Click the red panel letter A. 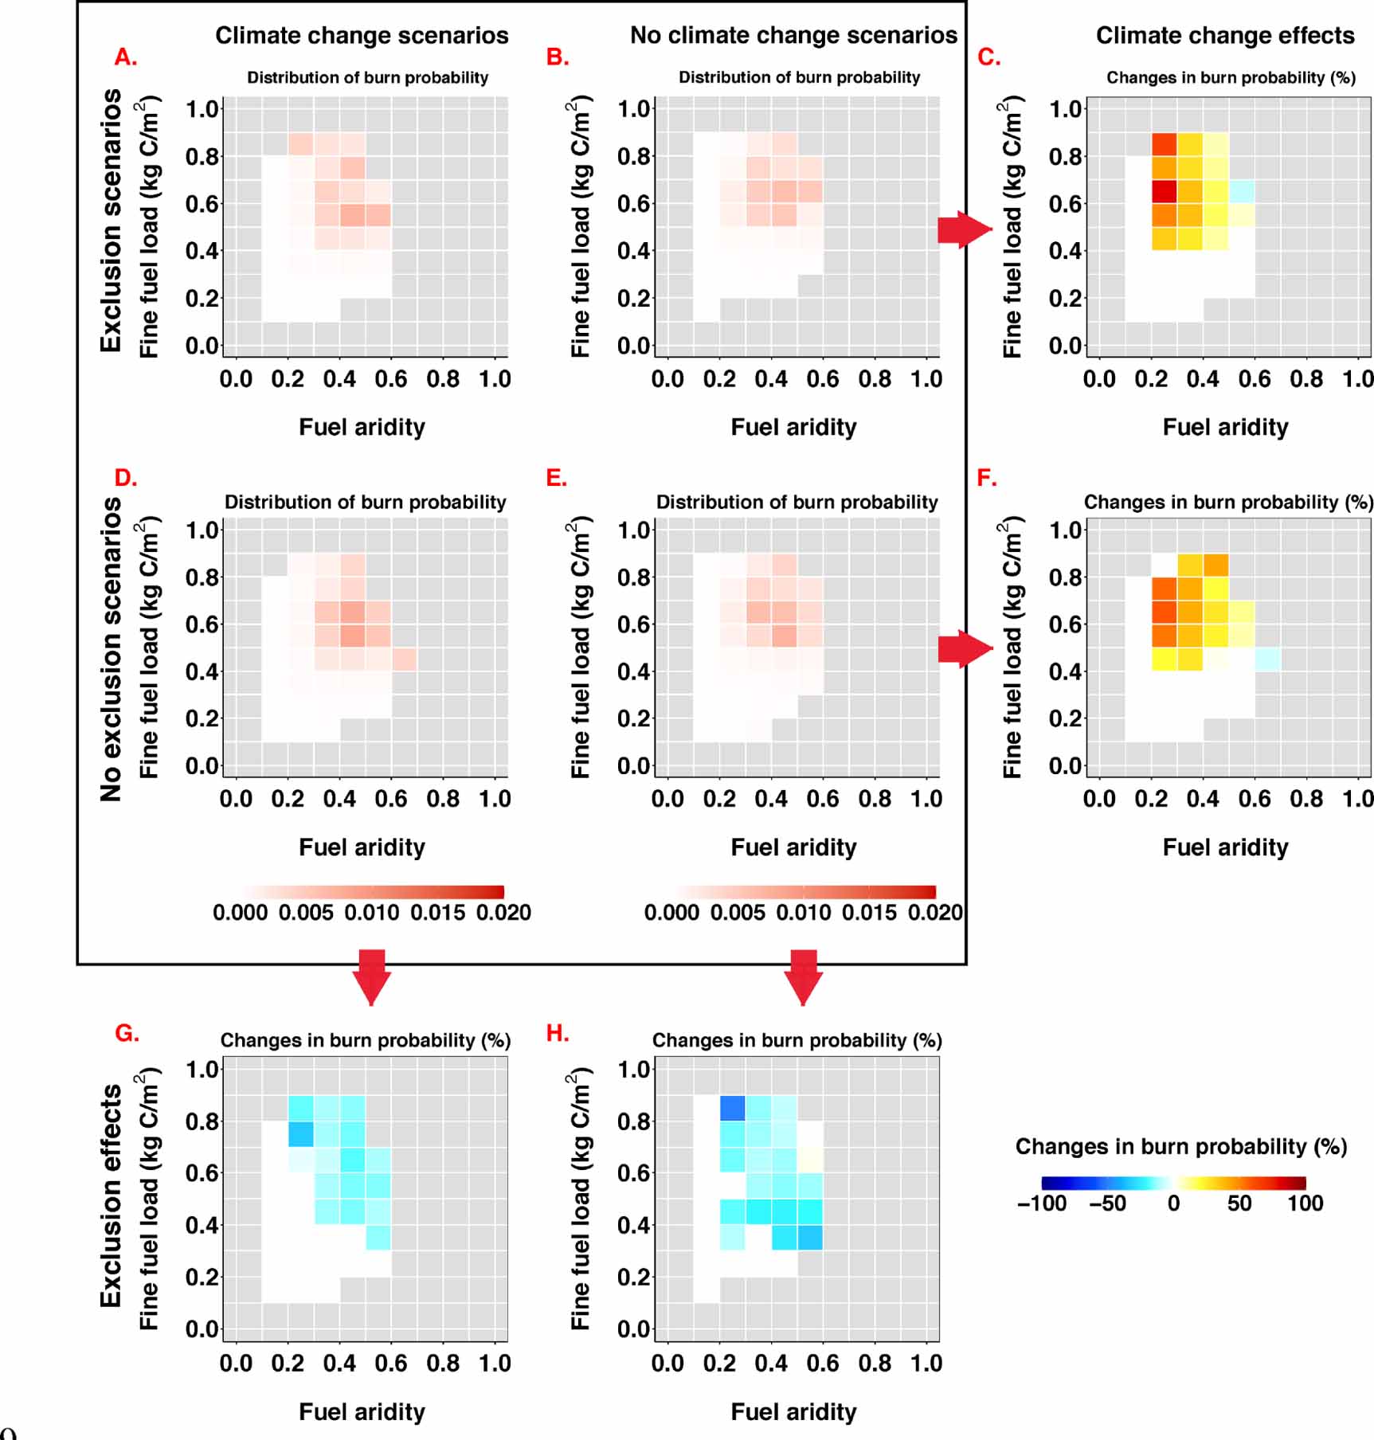[126, 57]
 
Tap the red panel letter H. [558, 1033]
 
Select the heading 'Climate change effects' [1224, 36]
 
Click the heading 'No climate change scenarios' [793, 36]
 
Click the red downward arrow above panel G [372, 976]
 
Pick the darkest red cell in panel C [1164, 191]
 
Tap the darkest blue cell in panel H [732, 1108]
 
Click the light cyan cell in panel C [1241, 191]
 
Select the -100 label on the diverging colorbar [1042, 1203]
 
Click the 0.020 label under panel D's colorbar [503, 913]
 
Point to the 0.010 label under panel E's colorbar [804, 913]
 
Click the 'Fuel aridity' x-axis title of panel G [362, 1412]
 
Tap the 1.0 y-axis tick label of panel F [1066, 530]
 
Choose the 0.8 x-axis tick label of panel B [875, 379]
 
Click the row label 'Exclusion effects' [111, 1195]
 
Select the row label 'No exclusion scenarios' [111, 649]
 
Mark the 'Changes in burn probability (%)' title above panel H [797, 1040]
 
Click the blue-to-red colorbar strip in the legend [1173, 1183]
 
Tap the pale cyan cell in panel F [1267, 659]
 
